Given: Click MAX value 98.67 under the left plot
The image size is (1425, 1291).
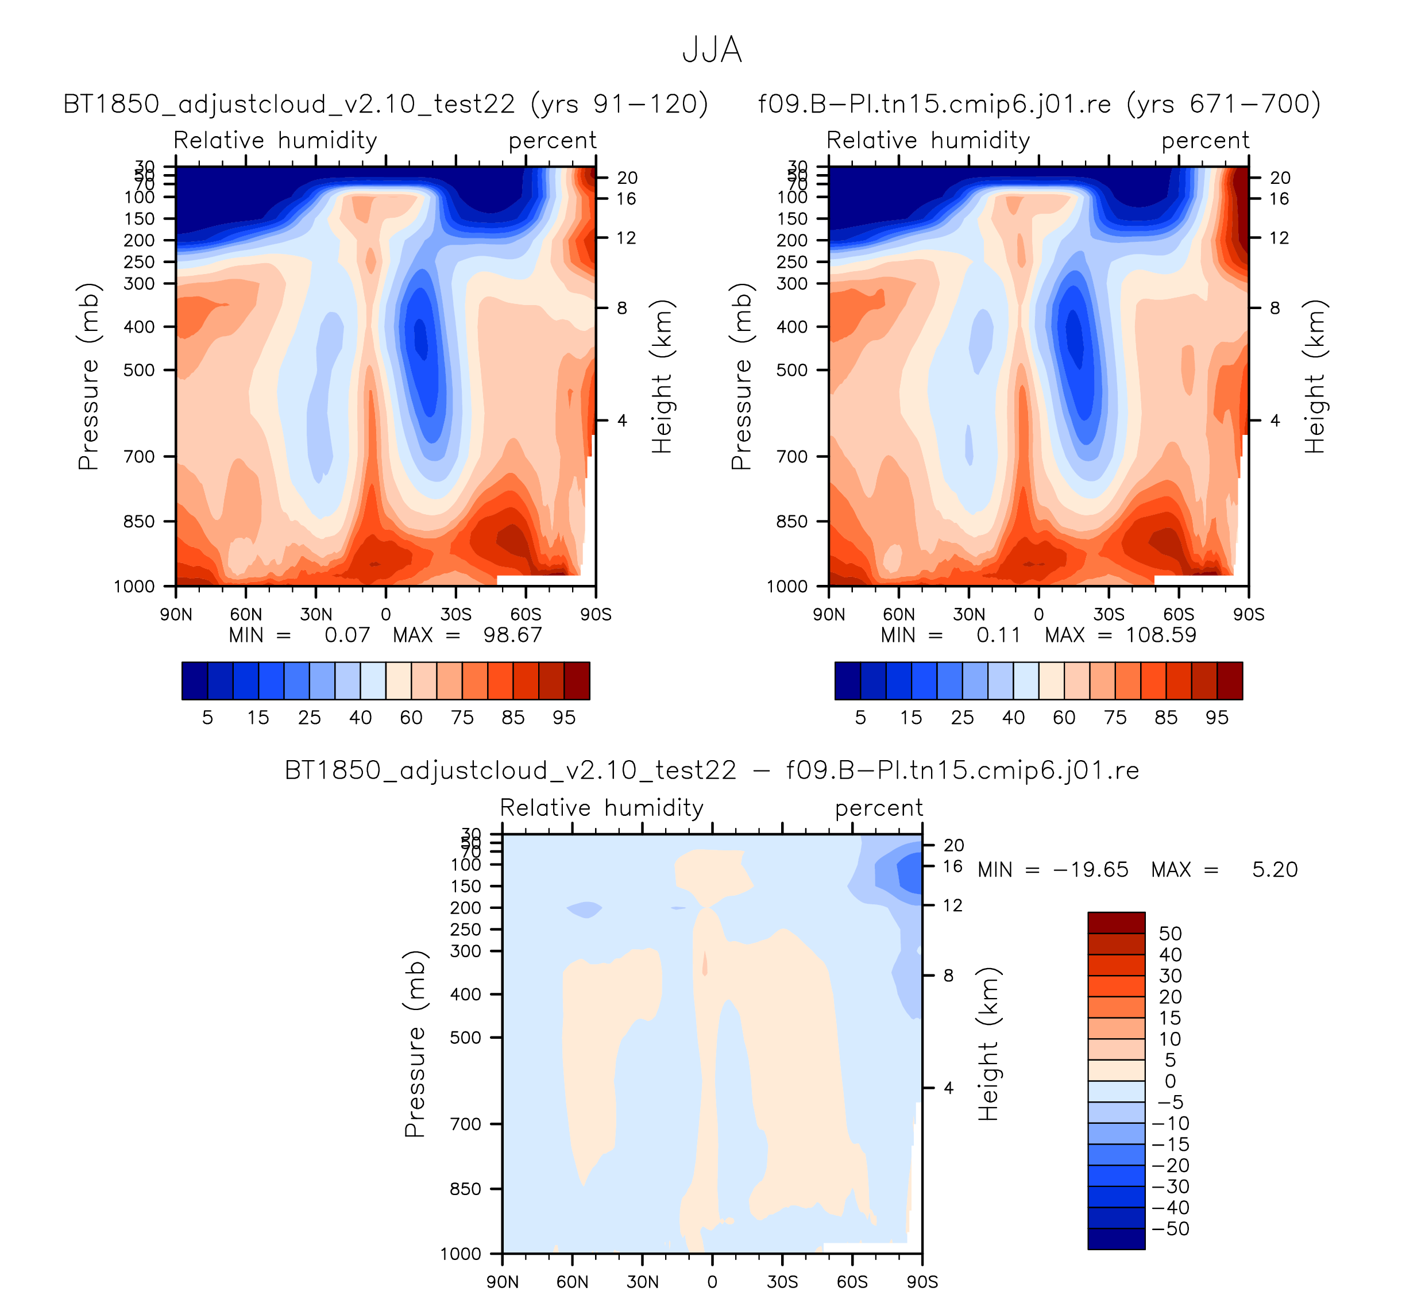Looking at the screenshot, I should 512,635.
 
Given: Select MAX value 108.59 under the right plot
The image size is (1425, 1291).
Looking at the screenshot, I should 1161,635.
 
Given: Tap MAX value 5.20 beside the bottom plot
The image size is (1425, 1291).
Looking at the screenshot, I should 1275,870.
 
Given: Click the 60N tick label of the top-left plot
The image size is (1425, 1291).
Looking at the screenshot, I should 245,614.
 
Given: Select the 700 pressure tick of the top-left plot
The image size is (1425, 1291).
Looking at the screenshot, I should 139,457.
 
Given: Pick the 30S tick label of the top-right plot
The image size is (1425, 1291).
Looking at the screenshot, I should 1109,614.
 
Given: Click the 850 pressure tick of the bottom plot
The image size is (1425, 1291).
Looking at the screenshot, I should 465,1189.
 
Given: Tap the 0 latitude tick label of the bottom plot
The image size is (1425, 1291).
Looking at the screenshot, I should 712,1282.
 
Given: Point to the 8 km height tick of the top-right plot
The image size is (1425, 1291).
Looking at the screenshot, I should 1275,309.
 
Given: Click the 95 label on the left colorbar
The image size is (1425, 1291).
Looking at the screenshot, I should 564,718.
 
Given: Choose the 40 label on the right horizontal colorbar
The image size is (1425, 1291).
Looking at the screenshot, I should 1013,718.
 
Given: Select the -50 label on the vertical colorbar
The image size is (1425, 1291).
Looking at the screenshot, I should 1171,1229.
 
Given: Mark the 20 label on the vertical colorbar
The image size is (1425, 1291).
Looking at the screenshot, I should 1170,997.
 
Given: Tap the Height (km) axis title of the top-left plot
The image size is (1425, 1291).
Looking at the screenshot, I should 662,376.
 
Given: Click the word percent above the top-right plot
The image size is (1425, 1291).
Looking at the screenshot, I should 1205,141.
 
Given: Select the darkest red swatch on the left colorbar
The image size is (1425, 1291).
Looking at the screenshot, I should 577,681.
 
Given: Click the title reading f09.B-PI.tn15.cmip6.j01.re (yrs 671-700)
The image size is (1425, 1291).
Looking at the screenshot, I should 1039,104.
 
